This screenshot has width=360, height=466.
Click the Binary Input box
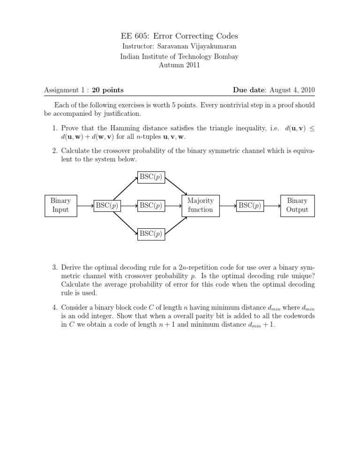coord(60,205)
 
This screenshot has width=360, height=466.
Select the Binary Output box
coord(297,205)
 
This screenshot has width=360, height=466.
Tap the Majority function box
coord(200,205)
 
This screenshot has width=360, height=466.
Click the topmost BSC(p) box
coord(151,177)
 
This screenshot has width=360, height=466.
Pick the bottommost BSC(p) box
coord(151,233)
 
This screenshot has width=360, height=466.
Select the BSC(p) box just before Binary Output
coord(250,205)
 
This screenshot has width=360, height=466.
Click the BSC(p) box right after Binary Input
coord(106,205)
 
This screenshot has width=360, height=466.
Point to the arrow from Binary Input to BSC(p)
coord(84,205)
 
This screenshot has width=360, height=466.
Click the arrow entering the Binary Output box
coord(273,205)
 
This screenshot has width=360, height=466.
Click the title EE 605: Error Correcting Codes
coord(180,36)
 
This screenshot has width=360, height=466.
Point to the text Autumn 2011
coord(180,66)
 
